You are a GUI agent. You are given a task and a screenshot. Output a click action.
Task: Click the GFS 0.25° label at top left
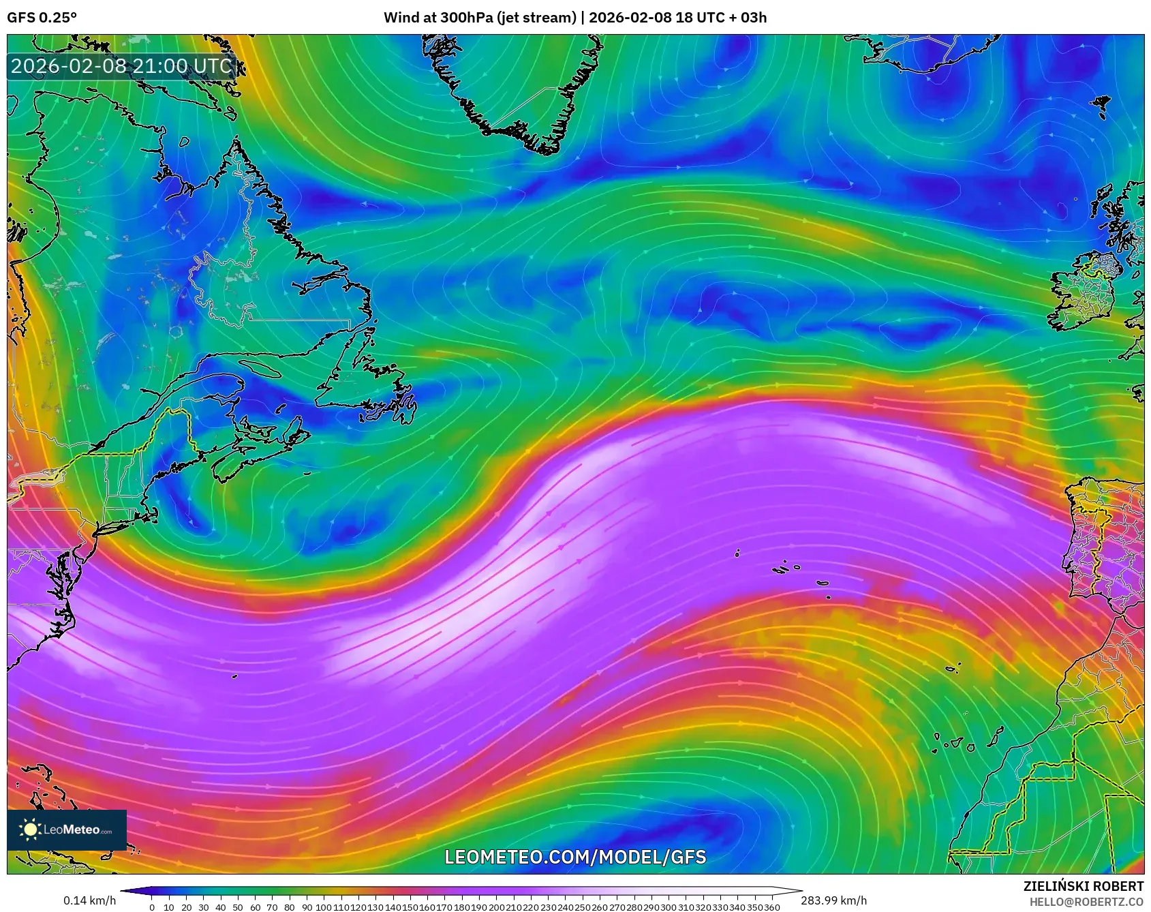[42, 18]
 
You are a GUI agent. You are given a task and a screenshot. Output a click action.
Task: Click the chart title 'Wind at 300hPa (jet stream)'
[480, 18]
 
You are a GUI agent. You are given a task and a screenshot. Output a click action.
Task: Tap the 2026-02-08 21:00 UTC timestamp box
[121, 66]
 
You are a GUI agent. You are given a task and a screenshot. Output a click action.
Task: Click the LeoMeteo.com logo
[67, 830]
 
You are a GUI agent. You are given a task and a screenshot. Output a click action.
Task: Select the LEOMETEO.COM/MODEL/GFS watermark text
[575, 857]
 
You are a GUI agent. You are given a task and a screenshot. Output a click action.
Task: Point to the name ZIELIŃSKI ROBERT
[1084, 886]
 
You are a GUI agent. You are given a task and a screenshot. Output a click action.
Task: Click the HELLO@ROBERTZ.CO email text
[1086, 902]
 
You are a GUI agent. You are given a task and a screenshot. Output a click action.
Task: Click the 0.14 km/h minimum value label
[90, 901]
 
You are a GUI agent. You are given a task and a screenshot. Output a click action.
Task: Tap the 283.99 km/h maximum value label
[834, 901]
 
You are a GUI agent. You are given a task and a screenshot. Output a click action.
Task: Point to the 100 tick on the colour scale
[323, 907]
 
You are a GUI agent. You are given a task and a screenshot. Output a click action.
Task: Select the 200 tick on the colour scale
[496, 907]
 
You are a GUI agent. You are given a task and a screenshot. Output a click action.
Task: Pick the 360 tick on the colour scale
[772, 907]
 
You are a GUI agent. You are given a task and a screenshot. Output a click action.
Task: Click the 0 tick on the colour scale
[151, 907]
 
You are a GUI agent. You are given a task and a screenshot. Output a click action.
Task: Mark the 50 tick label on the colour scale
[237, 907]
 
